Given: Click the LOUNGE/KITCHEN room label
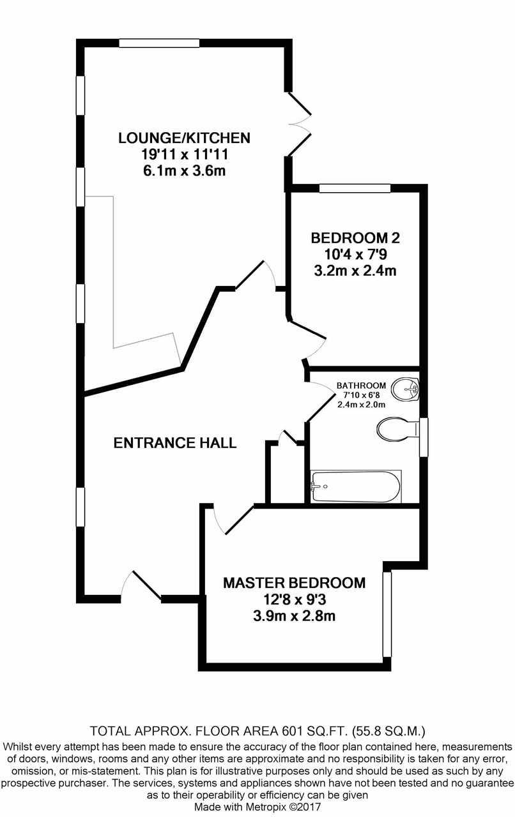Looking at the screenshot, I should point(183,137).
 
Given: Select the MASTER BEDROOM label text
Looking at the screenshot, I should point(294,583).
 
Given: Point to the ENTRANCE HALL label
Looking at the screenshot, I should point(174,442).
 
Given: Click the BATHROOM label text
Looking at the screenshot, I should point(361,386).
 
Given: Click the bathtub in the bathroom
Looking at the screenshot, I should point(355,487).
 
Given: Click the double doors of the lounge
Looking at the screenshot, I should point(300,124).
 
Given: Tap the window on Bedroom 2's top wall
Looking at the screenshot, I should point(355,188).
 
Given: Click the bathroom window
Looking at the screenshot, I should point(423,437).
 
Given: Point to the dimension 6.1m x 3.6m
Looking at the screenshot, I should point(183,170).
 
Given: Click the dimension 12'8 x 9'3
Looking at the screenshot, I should point(294,600).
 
